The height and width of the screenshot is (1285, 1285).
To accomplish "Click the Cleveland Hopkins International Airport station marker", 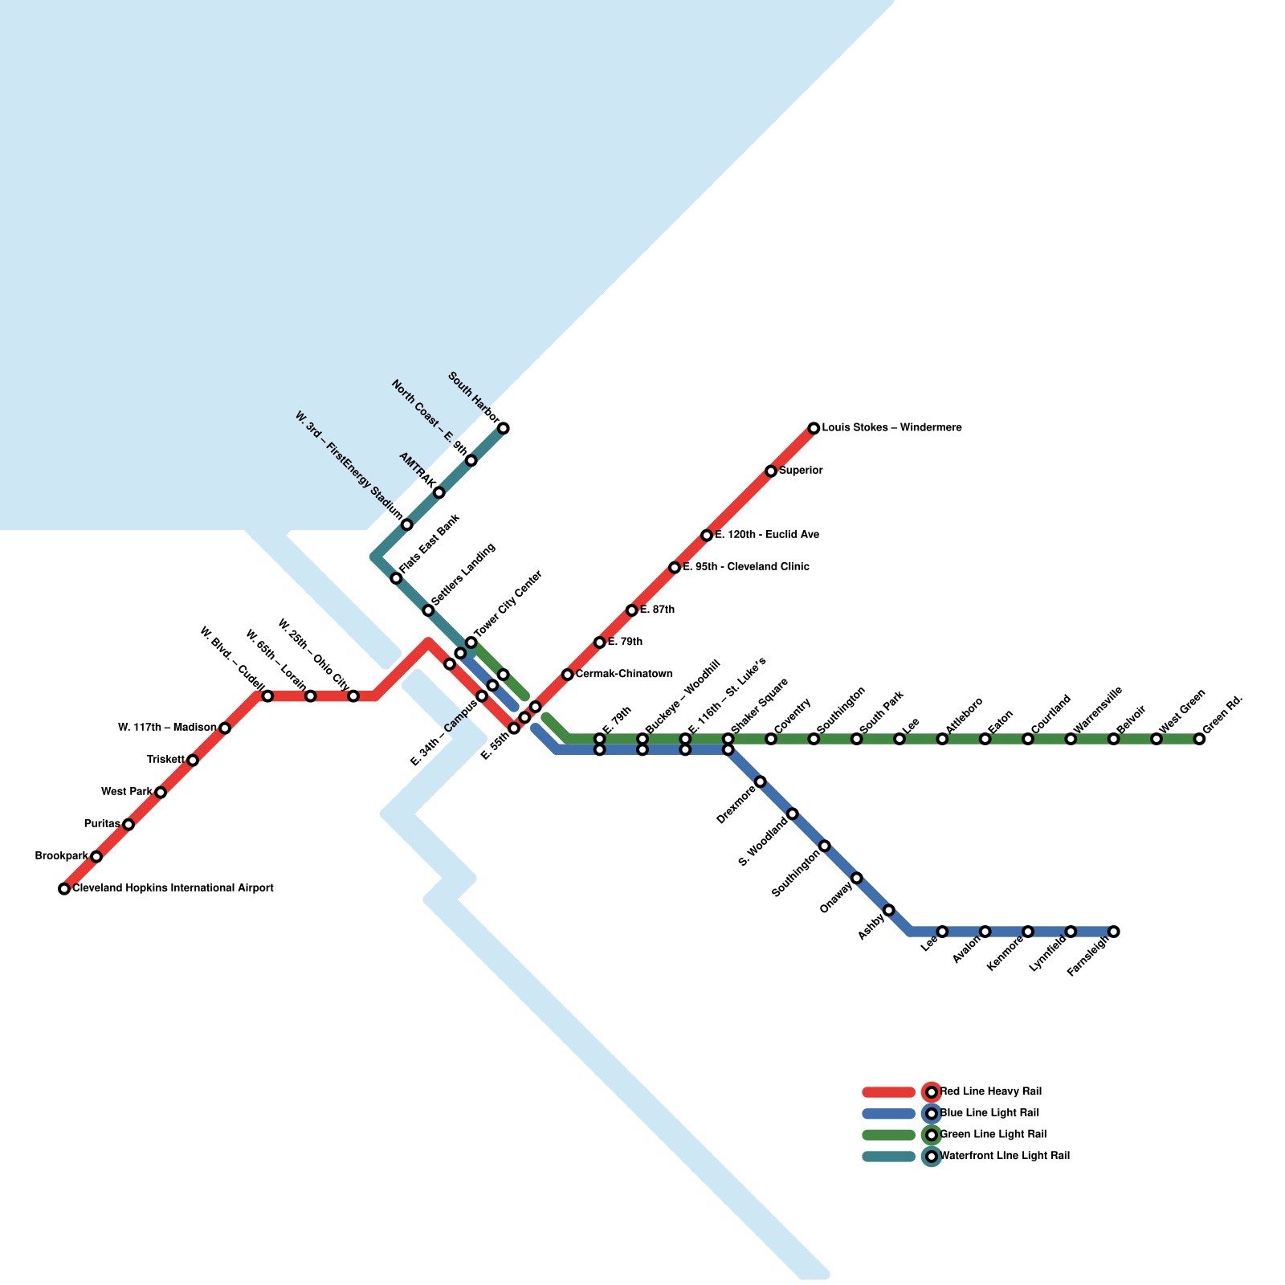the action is [x=64, y=888].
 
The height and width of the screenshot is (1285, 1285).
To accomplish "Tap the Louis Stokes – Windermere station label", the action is [x=891, y=428].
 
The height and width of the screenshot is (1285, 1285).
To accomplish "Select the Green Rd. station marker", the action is [x=1199, y=739].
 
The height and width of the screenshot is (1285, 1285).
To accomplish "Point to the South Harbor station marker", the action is [x=504, y=428].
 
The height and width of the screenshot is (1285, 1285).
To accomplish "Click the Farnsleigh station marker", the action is [x=1113, y=932].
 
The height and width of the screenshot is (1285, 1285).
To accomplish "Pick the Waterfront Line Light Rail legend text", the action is [x=1005, y=1156].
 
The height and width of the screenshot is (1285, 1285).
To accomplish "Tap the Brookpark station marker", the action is [x=96, y=856].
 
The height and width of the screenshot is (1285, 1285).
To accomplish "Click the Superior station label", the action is [x=801, y=471].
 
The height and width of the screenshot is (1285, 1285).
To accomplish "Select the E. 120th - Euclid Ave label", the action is [x=767, y=535].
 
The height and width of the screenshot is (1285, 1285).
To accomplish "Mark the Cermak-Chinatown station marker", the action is [x=567, y=675].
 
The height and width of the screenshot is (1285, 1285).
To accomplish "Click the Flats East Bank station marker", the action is [x=396, y=578].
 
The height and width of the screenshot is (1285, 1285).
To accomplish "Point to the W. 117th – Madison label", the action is [x=167, y=728].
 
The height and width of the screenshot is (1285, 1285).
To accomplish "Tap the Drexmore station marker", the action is [x=760, y=781].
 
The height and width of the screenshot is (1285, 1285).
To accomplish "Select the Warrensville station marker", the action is [x=1071, y=739].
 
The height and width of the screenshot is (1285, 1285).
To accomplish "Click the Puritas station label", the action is [x=102, y=824].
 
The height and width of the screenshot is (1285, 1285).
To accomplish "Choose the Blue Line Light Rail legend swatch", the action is [x=888, y=1114].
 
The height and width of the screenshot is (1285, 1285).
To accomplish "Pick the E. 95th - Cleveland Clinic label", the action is [x=746, y=567].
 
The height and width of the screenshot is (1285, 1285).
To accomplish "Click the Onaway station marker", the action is [x=856, y=878].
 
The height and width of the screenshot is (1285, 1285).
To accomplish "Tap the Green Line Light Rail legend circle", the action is [x=932, y=1135].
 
